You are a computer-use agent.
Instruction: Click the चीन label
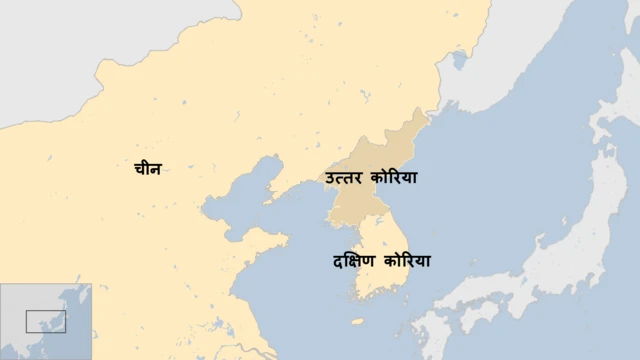click(x=147, y=169)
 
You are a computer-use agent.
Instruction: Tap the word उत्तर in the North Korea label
click(x=344, y=178)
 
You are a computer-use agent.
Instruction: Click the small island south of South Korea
click(x=358, y=322)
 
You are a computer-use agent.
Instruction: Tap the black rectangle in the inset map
click(x=46, y=321)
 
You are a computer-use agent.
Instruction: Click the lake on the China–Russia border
click(x=458, y=62)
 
